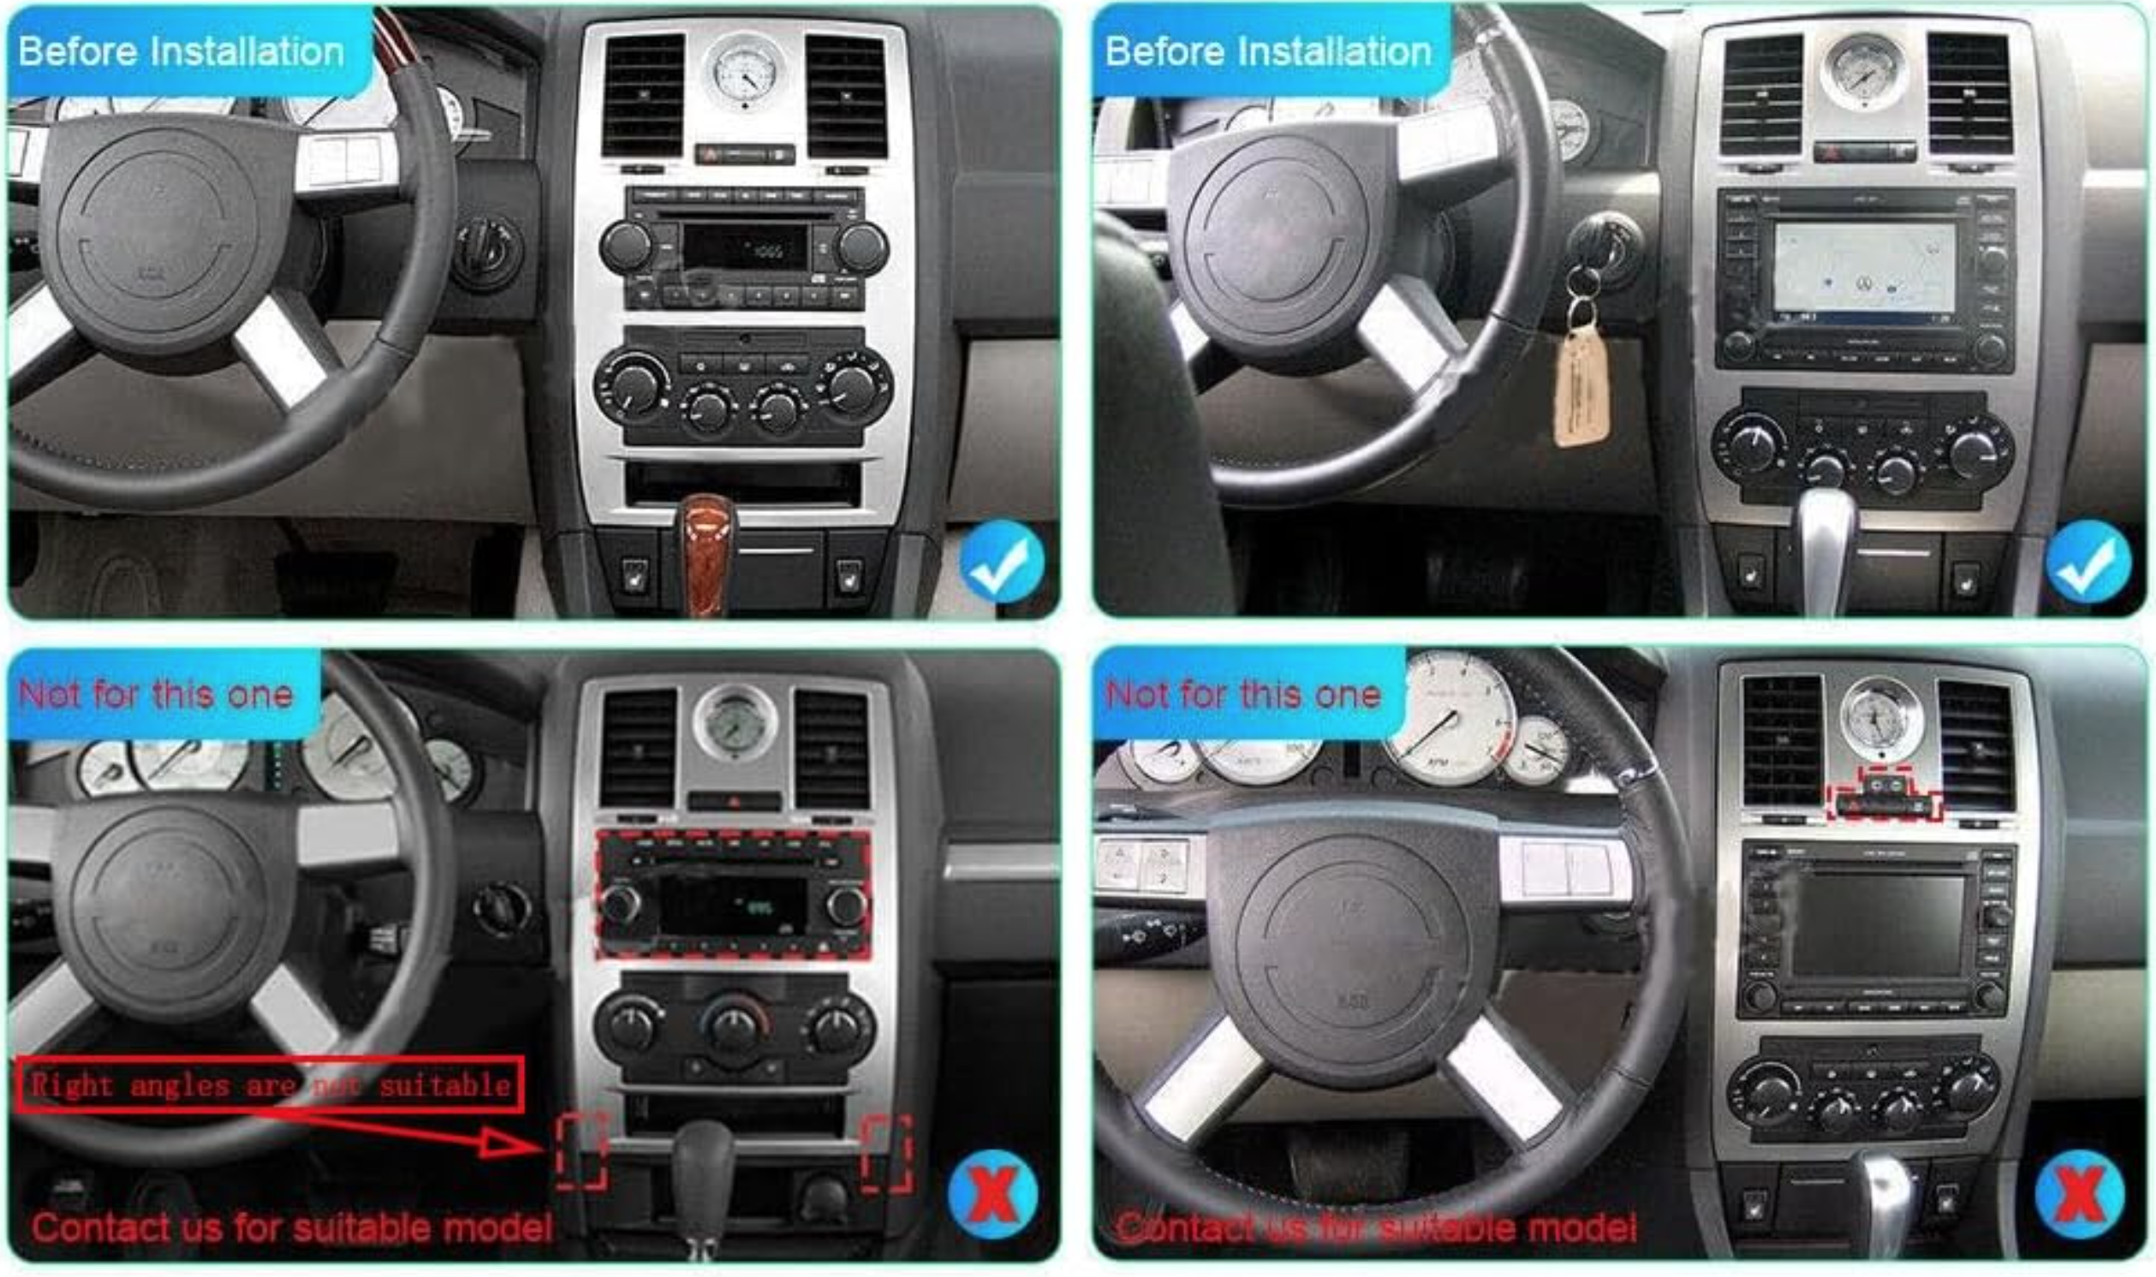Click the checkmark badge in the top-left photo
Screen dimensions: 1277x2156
click(1001, 561)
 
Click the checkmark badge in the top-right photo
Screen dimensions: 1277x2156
click(2088, 561)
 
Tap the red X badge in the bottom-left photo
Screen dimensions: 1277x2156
click(992, 1193)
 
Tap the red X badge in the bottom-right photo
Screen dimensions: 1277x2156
click(2080, 1193)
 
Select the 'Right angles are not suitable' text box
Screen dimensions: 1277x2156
click(270, 1085)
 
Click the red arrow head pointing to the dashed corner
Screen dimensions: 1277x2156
click(508, 1144)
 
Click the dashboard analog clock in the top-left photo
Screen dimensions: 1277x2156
click(744, 70)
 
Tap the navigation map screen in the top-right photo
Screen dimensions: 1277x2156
click(1862, 268)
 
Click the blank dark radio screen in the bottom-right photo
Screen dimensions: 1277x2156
click(1876, 925)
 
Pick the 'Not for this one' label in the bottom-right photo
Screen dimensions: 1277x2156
click(1243, 693)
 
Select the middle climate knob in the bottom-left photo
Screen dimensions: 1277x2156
click(734, 1025)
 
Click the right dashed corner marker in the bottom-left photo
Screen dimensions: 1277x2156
click(886, 1153)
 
